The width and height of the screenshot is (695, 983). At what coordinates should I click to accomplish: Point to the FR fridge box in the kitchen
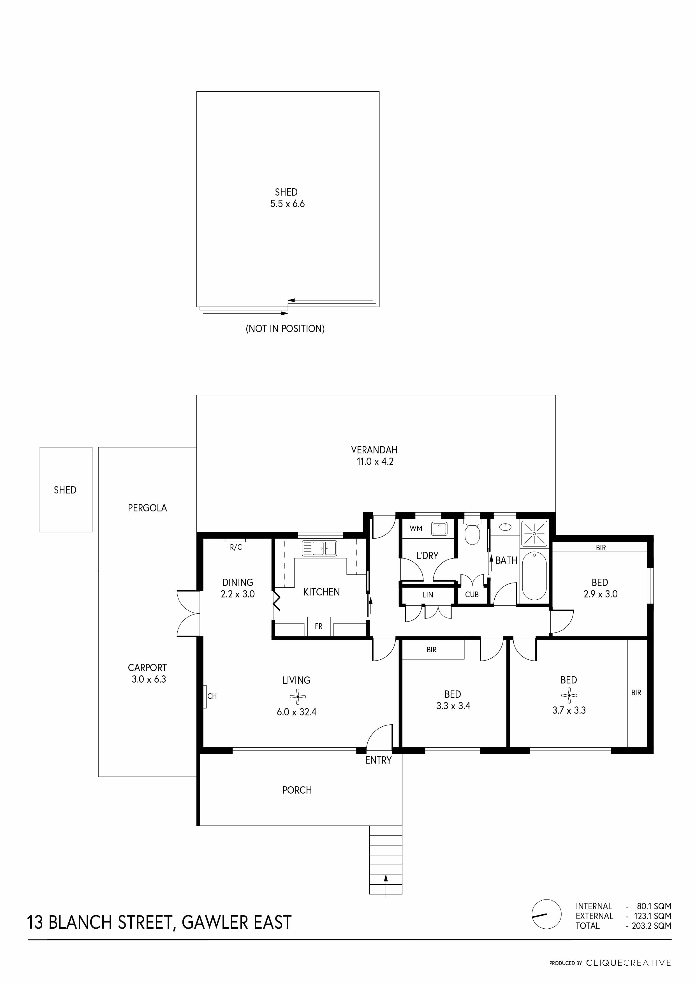(319, 626)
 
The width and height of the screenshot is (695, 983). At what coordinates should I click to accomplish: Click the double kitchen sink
(319, 548)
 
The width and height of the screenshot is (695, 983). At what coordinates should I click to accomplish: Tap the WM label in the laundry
(416, 529)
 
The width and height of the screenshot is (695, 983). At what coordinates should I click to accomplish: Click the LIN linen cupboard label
(428, 595)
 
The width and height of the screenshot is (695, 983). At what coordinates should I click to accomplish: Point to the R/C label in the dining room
(236, 548)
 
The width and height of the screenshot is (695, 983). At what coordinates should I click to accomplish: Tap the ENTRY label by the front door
(378, 761)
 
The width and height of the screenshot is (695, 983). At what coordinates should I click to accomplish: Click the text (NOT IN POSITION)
(285, 329)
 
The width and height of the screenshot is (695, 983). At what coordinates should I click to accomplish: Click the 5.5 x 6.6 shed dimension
(287, 204)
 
